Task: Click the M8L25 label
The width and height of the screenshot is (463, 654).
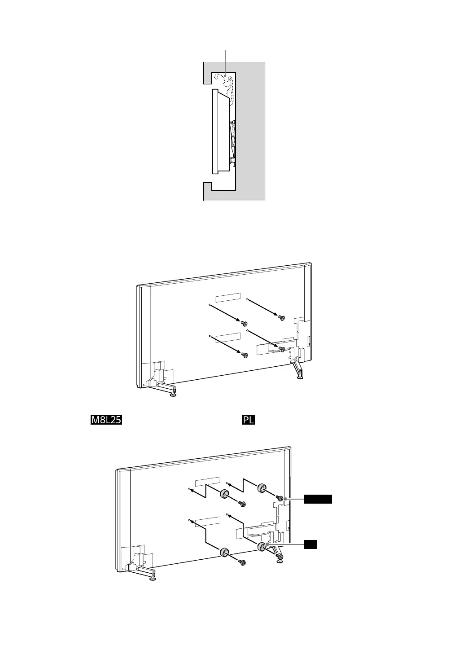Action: pyautogui.click(x=107, y=420)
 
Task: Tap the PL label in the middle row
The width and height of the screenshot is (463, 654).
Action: pyautogui.click(x=249, y=420)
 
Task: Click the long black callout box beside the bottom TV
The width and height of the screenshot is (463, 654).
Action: pyautogui.click(x=318, y=499)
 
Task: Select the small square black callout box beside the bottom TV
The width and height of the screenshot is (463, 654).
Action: pyautogui.click(x=311, y=544)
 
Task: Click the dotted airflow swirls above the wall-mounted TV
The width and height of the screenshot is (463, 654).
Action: pyautogui.click(x=224, y=85)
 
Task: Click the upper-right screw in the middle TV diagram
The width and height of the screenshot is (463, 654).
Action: pyautogui.click(x=282, y=318)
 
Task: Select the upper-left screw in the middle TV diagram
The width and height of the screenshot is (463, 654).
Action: pyautogui.click(x=244, y=323)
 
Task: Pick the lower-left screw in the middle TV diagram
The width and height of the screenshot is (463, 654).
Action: pyautogui.click(x=244, y=355)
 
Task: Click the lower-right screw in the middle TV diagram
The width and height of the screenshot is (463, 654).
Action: pyautogui.click(x=282, y=349)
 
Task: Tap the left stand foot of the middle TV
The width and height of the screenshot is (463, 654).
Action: pyautogui.click(x=172, y=395)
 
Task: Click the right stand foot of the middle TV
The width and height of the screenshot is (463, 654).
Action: pyautogui.click(x=300, y=377)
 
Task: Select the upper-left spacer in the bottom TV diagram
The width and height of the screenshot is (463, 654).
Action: pyautogui.click(x=224, y=495)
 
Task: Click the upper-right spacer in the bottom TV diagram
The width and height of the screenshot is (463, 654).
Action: pyautogui.click(x=262, y=487)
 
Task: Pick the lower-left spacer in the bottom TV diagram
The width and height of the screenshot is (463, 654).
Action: pyautogui.click(x=224, y=552)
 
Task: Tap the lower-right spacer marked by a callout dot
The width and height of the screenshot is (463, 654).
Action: pyautogui.click(x=262, y=547)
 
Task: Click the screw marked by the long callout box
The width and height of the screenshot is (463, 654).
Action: pyautogui.click(x=280, y=498)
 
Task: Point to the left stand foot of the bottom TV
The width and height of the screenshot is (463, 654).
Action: pyautogui.click(x=153, y=577)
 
